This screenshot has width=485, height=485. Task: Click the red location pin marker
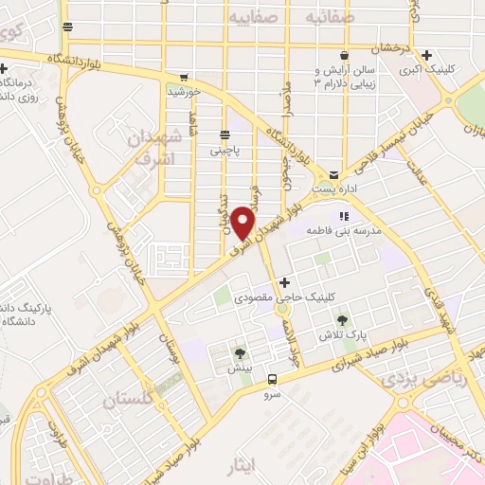[x=244, y=222]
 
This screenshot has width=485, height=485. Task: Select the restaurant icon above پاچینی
[x=225, y=135]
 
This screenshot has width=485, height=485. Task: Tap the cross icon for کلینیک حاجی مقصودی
[x=284, y=282]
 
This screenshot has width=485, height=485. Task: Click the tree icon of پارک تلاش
[x=342, y=319]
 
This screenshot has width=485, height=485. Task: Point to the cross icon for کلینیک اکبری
[x=428, y=55]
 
